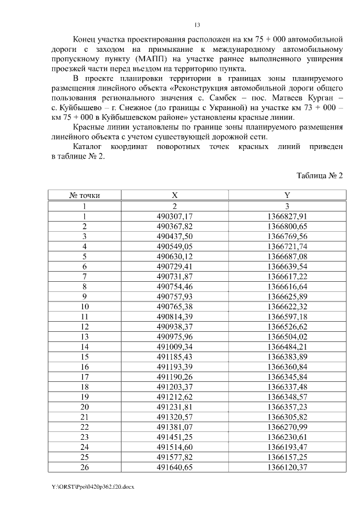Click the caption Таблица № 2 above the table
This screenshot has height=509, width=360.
click(319, 175)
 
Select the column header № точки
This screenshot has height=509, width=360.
click(84, 196)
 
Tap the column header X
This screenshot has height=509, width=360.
click(174, 196)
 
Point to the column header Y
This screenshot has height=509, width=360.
click(287, 196)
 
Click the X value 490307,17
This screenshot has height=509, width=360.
click(174, 216)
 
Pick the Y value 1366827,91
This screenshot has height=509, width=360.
click(287, 216)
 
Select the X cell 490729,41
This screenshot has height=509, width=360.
click(174, 266)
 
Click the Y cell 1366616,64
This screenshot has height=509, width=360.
click(287, 286)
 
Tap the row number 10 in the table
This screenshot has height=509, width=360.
click(84, 307)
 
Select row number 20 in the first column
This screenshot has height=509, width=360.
click(84, 407)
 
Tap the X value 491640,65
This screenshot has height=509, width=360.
click(174, 467)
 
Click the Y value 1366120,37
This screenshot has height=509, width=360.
click(287, 467)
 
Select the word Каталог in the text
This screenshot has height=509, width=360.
click(91, 146)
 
